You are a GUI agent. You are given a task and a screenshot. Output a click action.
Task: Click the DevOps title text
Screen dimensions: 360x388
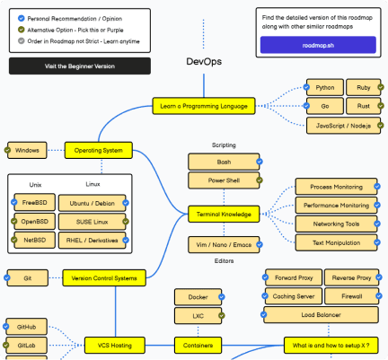[203, 61]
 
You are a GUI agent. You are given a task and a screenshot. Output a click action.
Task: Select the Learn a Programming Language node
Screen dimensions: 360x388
[204, 106]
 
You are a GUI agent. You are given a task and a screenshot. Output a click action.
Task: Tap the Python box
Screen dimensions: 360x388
[324, 88]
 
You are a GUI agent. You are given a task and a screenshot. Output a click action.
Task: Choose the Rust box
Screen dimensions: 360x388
[364, 106]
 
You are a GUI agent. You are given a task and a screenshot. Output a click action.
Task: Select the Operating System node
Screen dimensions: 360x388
[98, 150]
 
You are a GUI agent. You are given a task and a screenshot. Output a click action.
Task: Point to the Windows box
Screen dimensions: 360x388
[27, 150]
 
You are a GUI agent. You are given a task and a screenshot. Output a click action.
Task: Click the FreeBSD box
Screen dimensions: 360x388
[35, 203]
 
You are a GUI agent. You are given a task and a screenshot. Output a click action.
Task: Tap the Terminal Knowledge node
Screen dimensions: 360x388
[224, 214]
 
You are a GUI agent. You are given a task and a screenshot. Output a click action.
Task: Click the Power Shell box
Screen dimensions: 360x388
[224, 180]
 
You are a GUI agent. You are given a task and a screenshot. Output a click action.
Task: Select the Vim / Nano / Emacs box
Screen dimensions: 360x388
[224, 243]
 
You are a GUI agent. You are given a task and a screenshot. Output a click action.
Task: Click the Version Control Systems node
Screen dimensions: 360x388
[103, 278]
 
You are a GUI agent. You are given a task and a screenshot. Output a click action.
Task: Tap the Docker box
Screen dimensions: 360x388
[198, 296]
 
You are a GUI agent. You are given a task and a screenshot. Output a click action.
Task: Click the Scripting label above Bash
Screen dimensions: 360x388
[224, 145]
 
